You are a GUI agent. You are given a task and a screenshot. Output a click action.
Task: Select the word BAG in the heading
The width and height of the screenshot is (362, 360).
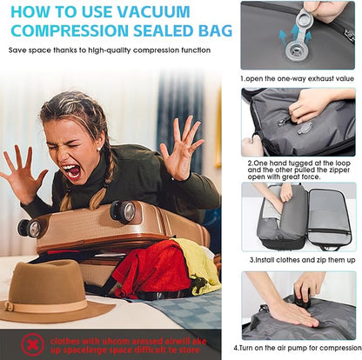[214, 31]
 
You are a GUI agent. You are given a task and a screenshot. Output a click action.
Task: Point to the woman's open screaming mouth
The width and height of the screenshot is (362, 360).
[72, 171]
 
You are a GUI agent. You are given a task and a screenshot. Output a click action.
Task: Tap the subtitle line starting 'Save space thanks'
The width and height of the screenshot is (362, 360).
[110, 50]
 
